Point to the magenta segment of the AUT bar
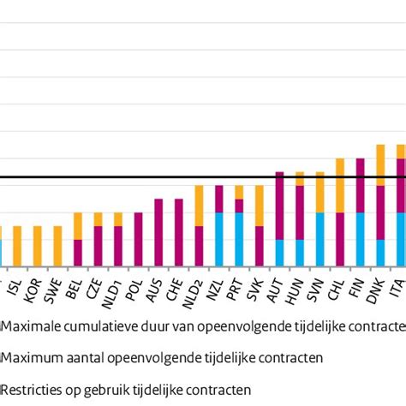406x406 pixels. click(x=279, y=206)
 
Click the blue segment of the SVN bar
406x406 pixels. click(x=319, y=240)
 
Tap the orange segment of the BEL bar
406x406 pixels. click(x=78, y=225)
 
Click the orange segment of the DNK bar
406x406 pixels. click(x=380, y=164)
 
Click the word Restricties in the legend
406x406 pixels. click(x=29, y=388)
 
